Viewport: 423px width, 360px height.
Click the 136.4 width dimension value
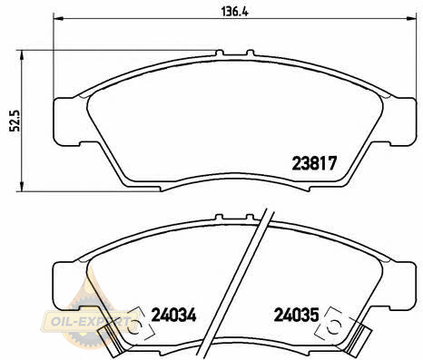tap(234, 12)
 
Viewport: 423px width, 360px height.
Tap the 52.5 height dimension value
tap(15, 121)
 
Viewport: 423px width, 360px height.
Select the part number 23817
tap(314, 163)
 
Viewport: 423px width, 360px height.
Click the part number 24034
tap(173, 316)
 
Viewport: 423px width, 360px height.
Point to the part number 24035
tap(296, 315)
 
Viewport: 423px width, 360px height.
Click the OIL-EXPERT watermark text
tap(89, 321)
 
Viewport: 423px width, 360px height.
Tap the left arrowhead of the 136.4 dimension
tap(58, 19)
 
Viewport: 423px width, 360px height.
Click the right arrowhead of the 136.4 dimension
tap(411, 19)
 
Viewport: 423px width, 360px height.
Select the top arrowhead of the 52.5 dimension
tap(22, 55)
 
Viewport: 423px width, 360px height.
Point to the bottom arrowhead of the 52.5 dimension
tap(22, 186)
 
